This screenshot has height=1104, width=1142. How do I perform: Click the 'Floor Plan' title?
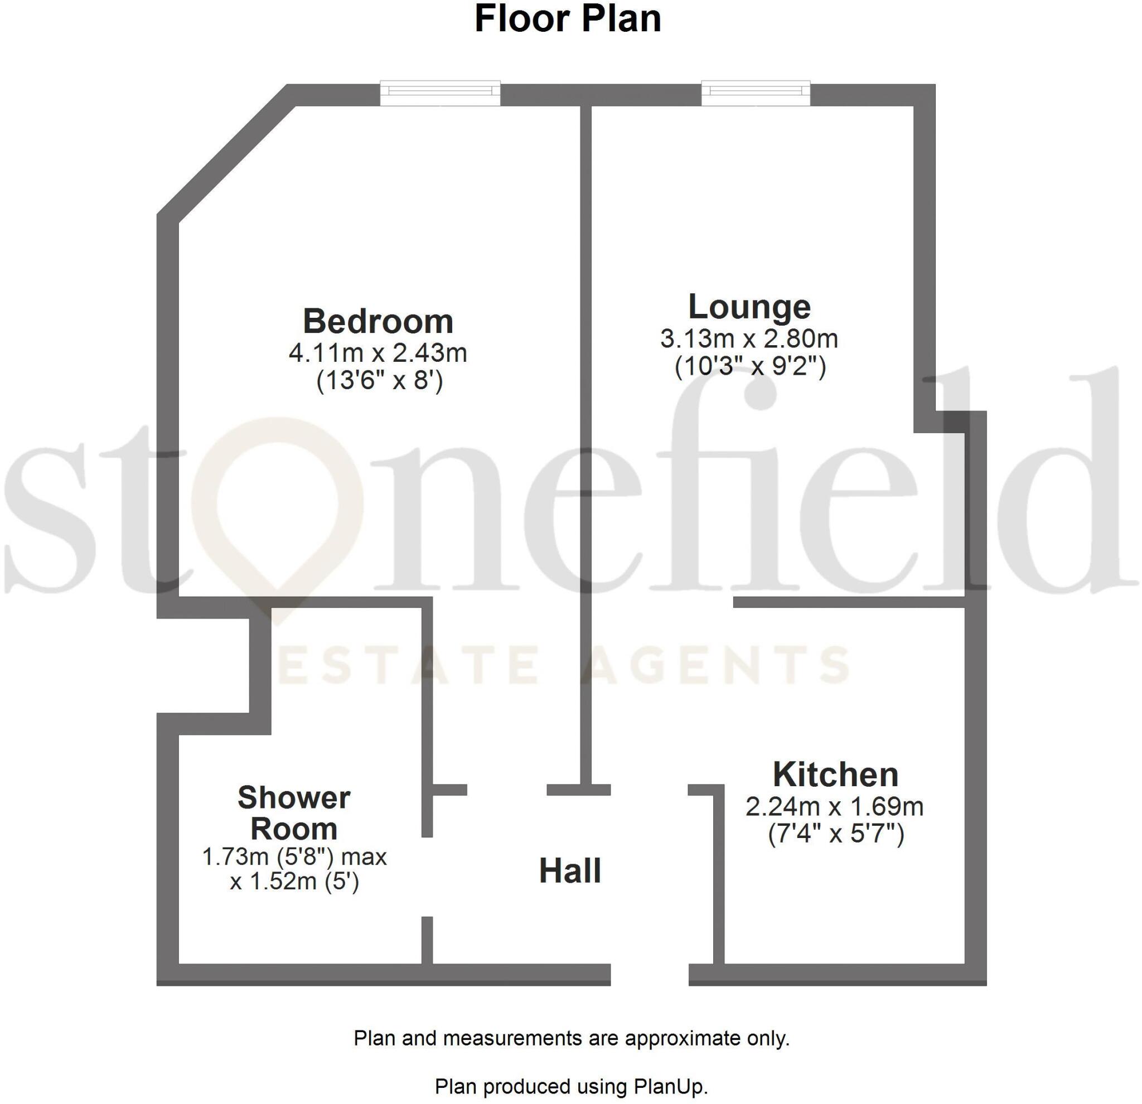point(568,18)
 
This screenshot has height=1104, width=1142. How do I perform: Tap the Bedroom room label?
point(378,321)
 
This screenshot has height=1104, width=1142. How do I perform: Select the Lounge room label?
point(749,307)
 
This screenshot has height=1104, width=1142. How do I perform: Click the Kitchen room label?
point(835,774)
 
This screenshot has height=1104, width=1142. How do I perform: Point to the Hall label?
point(570,870)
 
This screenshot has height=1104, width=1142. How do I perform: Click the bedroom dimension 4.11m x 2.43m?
point(378,353)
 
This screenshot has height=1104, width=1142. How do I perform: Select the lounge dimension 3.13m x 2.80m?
point(749,338)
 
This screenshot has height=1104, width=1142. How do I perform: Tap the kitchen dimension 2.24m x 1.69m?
point(834,806)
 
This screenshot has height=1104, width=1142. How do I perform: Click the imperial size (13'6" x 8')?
point(379,381)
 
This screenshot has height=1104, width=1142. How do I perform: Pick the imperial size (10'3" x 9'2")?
point(750,366)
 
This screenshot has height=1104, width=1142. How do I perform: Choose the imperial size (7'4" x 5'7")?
point(835,834)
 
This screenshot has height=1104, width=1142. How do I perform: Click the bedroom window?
point(440,93)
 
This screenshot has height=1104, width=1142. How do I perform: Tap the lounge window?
point(755,93)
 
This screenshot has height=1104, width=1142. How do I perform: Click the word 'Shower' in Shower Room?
point(294,797)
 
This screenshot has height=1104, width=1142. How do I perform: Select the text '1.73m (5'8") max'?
point(294,856)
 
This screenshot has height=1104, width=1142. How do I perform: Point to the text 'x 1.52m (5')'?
point(294,882)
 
